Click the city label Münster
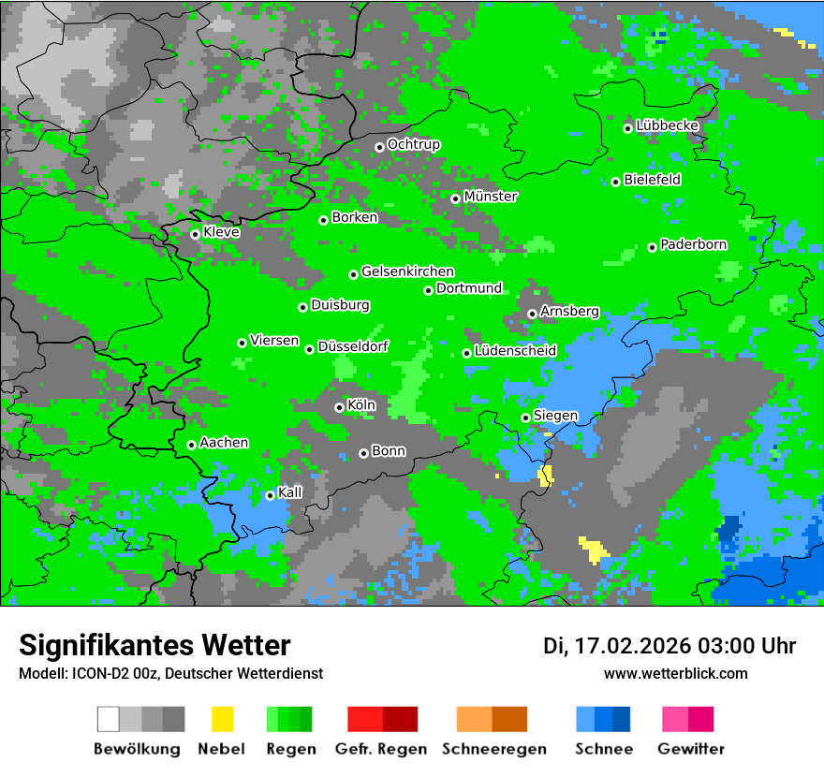[x=491, y=197]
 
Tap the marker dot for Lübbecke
[x=628, y=128]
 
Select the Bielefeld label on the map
[x=653, y=180]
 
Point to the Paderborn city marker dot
[x=653, y=247]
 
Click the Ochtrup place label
[x=414, y=145]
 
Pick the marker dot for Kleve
[x=196, y=234]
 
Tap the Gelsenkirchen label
[x=407, y=272]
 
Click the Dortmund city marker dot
[x=429, y=290]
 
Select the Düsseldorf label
[x=353, y=347]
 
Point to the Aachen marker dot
[x=192, y=445]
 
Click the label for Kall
[x=290, y=492]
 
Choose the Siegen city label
[x=556, y=416]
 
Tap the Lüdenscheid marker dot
[x=467, y=353]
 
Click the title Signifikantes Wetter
[x=154, y=645]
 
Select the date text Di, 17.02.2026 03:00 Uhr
[x=669, y=646]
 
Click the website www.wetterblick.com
[x=676, y=674]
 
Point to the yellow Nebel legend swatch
[x=222, y=719]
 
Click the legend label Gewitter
[x=691, y=749]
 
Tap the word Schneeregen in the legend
[x=493, y=749]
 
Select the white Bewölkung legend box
[x=109, y=719]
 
